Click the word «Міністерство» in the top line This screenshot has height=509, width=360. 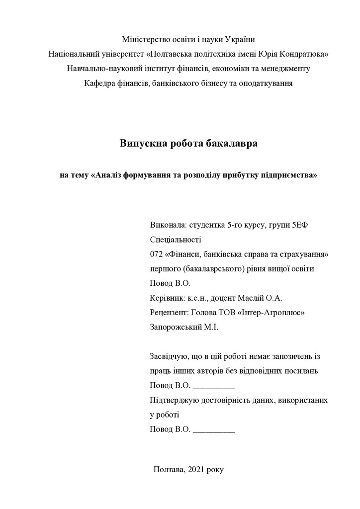pyautogui.click(x=144, y=39)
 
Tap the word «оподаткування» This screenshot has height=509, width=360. pyautogui.click(x=263, y=83)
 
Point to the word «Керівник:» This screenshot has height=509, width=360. pyautogui.click(x=167, y=298)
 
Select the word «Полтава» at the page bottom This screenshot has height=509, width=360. pyautogui.click(x=169, y=469)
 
